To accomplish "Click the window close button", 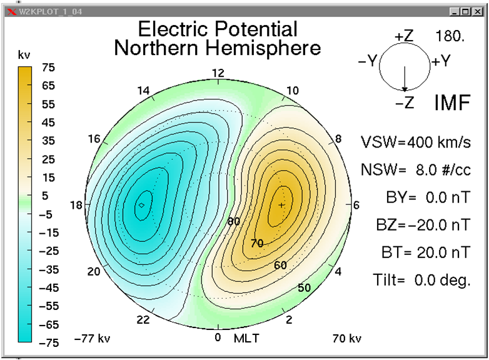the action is tap(478, 11).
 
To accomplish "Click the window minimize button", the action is tap(455, 11).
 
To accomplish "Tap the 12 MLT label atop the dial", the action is tap(218, 73).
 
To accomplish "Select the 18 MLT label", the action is tap(76, 205).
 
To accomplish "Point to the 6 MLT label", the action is tap(356, 205).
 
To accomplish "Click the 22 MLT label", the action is tap(143, 319).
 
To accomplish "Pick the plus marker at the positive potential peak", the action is tap(281, 205).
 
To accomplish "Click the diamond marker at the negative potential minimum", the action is tap(141, 205).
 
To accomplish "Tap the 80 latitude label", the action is tap(234, 221).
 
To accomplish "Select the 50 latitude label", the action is tap(304, 287).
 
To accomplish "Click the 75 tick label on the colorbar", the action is tap(48, 67).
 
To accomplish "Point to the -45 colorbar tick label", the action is tap(49, 287).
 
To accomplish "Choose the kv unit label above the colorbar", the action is tap(24, 55).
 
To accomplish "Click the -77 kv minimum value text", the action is tap(93, 338).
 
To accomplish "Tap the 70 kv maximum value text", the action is tap(347, 338).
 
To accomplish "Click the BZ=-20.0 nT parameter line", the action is tap(423, 225).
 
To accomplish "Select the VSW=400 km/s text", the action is tap(416, 142).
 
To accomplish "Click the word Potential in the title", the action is tap(256, 29).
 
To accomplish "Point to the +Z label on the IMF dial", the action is tap(404, 36).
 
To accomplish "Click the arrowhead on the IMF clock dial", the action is tap(405, 89).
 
